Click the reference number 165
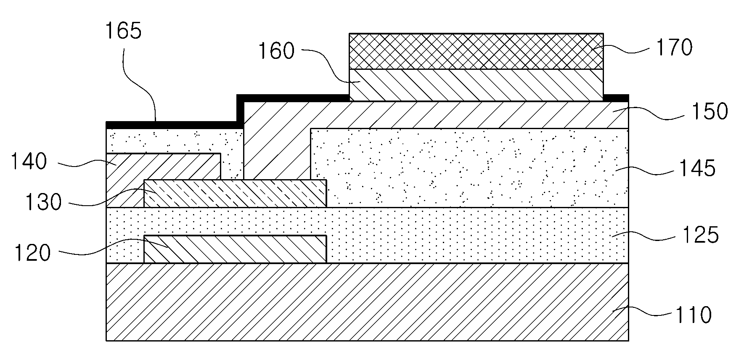123,31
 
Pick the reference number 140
29,161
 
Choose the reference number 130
43,202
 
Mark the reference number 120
32,253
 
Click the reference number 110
693,315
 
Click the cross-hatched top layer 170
476,51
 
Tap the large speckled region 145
469,168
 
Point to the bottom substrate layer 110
367,302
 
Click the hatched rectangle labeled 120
235,249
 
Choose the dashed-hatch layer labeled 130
235,193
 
